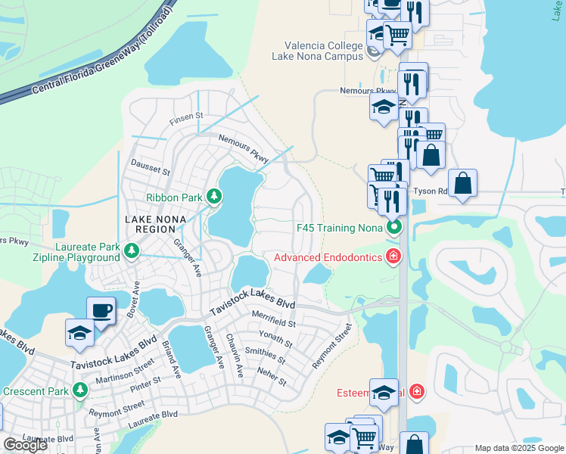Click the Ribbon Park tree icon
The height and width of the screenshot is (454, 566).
click(x=214, y=197)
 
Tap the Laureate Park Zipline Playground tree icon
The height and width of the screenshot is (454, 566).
click(x=132, y=249)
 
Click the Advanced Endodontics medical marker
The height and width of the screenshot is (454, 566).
click(x=393, y=257)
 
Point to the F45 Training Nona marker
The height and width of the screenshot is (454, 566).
click(x=393, y=227)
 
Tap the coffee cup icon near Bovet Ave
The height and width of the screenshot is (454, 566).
click(x=101, y=311)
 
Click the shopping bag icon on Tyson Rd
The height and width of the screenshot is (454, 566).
click(x=462, y=184)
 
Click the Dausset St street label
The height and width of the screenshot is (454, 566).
click(x=151, y=167)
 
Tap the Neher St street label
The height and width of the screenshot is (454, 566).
click(x=272, y=376)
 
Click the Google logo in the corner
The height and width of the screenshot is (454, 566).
click(x=25, y=445)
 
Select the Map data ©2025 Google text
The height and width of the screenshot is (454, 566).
click(x=518, y=448)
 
